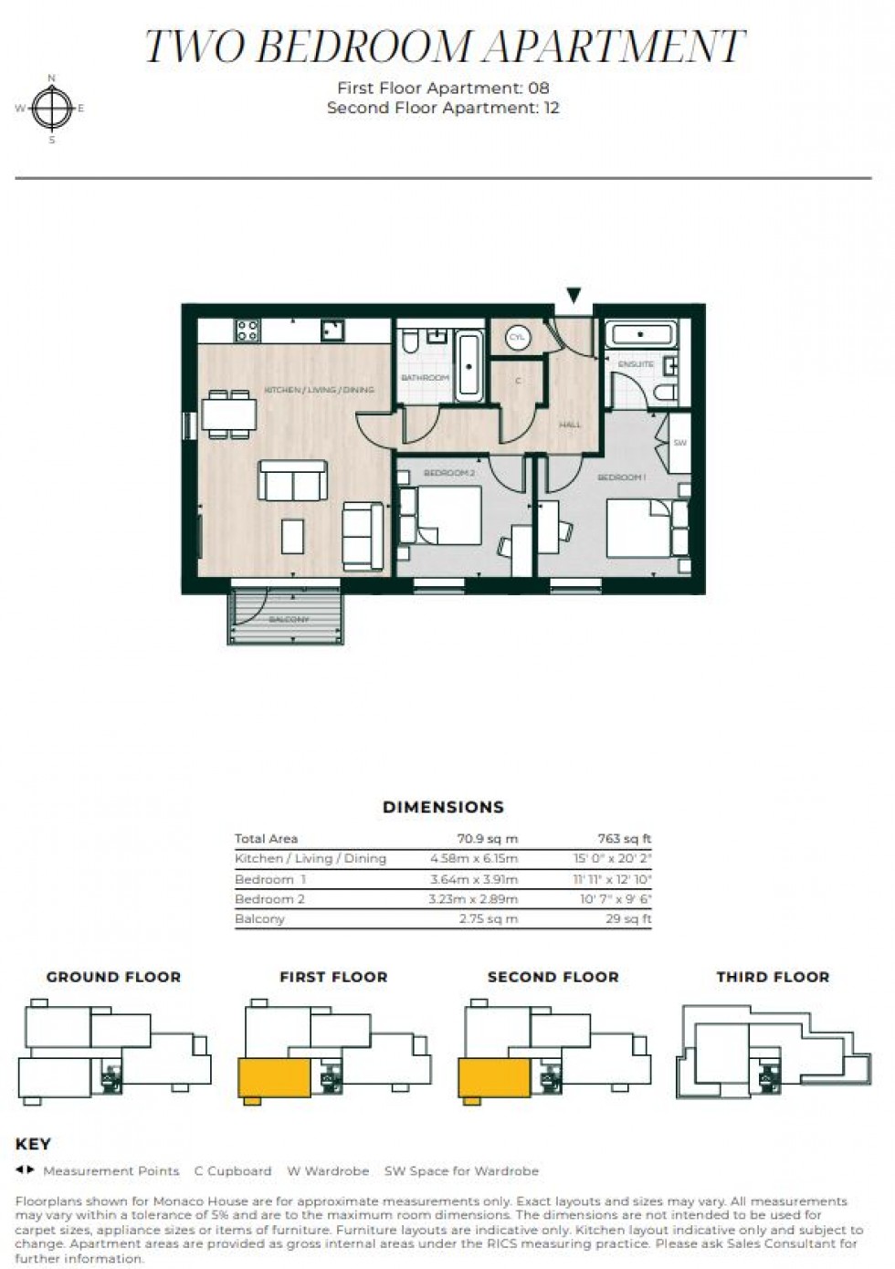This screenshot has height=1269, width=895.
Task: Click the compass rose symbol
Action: click(x=52, y=108)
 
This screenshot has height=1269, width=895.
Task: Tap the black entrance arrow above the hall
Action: click(x=574, y=295)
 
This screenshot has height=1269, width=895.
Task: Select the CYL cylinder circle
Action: click(x=518, y=338)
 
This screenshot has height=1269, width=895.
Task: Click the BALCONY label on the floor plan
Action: click(x=289, y=620)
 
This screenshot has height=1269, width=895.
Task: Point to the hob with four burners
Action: click(x=247, y=330)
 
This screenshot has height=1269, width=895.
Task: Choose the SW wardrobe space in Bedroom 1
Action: click(x=679, y=443)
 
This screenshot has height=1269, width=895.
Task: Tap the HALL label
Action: click(x=570, y=425)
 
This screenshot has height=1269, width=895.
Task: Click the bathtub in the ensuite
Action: click(x=642, y=335)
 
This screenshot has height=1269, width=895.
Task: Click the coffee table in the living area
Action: click(x=292, y=536)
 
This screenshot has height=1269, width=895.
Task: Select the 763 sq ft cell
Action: click(x=625, y=839)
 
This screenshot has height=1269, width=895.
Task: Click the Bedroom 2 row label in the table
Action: click(x=270, y=899)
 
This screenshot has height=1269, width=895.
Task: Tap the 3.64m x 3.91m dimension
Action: click(x=474, y=879)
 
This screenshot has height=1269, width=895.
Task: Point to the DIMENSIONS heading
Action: click(x=443, y=807)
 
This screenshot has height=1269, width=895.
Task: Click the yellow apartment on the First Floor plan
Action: click(x=274, y=1078)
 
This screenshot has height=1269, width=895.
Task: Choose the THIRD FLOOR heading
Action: click(x=773, y=977)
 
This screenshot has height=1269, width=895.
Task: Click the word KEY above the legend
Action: click(x=34, y=1144)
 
